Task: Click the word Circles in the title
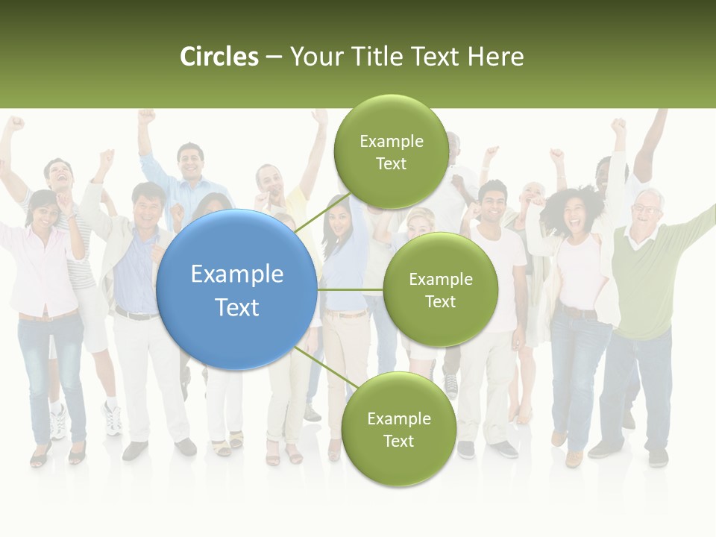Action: pos(219,57)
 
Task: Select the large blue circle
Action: pos(237,289)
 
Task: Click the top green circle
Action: pos(392,151)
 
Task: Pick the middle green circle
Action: pos(441,289)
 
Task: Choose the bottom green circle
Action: pos(398,429)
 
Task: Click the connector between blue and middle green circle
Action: pos(351,289)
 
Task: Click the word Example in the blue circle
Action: pos(237,274)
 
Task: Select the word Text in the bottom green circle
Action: pos(398,441)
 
